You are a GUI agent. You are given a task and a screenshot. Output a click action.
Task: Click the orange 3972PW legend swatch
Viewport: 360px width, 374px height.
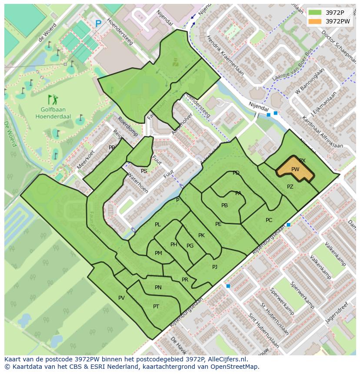pyautogui.click(x=316, y=21)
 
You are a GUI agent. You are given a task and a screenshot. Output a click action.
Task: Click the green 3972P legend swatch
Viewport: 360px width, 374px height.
pyautogui.click(x=316, y=12)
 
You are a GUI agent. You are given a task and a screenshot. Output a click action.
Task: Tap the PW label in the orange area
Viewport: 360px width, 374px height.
pyautogui.click(x=295, y=169)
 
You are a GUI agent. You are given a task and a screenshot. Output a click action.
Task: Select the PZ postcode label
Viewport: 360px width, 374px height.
pyautogui.click(x=290, y=187)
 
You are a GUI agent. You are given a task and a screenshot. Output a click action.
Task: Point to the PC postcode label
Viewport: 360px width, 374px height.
pyautogui.click(x=269, y=220)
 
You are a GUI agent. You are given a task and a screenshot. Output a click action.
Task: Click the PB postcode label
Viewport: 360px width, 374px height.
pyautogui.click(x=224, y=205)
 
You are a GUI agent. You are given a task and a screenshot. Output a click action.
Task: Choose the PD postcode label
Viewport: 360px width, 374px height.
pyautogui.click(x=236, y=173)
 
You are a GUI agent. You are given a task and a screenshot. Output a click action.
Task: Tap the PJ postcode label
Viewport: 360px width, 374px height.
pyautogui.click(x=215, y=267)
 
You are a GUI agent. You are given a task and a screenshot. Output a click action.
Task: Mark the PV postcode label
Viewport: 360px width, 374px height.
pyautogui.click(x=121, y=298)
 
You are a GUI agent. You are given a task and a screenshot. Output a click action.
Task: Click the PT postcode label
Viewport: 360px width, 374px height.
pyautogui.click(x=156, y=306)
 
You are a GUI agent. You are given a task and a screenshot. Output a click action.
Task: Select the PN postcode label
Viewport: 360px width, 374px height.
pyautogui.click(x=158, y=287)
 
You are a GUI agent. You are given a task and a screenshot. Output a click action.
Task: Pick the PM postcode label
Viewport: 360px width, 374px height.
pyautogui.click(x=158, y=253)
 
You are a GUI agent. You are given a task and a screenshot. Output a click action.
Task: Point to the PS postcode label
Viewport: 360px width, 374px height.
pyautogui.click(x=144, y=171)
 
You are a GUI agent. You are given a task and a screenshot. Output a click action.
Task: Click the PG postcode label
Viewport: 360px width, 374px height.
pyautogui.click(x=190, y=246)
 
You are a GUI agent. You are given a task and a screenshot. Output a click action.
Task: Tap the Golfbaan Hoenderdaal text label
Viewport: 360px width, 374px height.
pyautogui.click(x=53, y=113)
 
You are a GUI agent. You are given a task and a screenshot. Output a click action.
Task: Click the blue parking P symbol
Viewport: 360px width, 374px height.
pyautogui.click(x=98, y=24)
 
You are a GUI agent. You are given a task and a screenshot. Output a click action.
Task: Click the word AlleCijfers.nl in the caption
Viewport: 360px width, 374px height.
pyautogui.click(x=226, y=359)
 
